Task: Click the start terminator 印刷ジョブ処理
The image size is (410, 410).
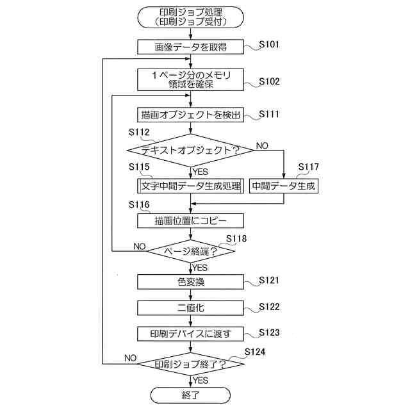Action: [191, 17]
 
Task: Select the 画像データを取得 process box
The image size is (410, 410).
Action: [191, 47]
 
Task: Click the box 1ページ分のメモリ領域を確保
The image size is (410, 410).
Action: [191, 80]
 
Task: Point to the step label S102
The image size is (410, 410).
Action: [269, 82]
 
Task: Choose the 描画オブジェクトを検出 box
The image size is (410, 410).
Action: [191, 115]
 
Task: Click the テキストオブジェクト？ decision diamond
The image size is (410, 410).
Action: [190, 151]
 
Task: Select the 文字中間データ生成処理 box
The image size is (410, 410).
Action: [191, 186]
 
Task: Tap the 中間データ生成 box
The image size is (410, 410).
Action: [283, 186]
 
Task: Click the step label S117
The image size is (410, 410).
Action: [309, 167]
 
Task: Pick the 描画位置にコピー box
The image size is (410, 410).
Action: [191, 220]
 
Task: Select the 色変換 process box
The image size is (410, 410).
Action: [191, 281]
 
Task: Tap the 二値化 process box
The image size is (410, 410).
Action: [191, 307]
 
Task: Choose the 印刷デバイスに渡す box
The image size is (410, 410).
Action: [191, 334]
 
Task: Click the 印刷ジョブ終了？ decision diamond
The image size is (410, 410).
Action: [191, 365]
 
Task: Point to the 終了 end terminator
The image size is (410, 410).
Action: [191, 395]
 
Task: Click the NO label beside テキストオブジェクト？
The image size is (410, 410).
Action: [262, 145]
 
